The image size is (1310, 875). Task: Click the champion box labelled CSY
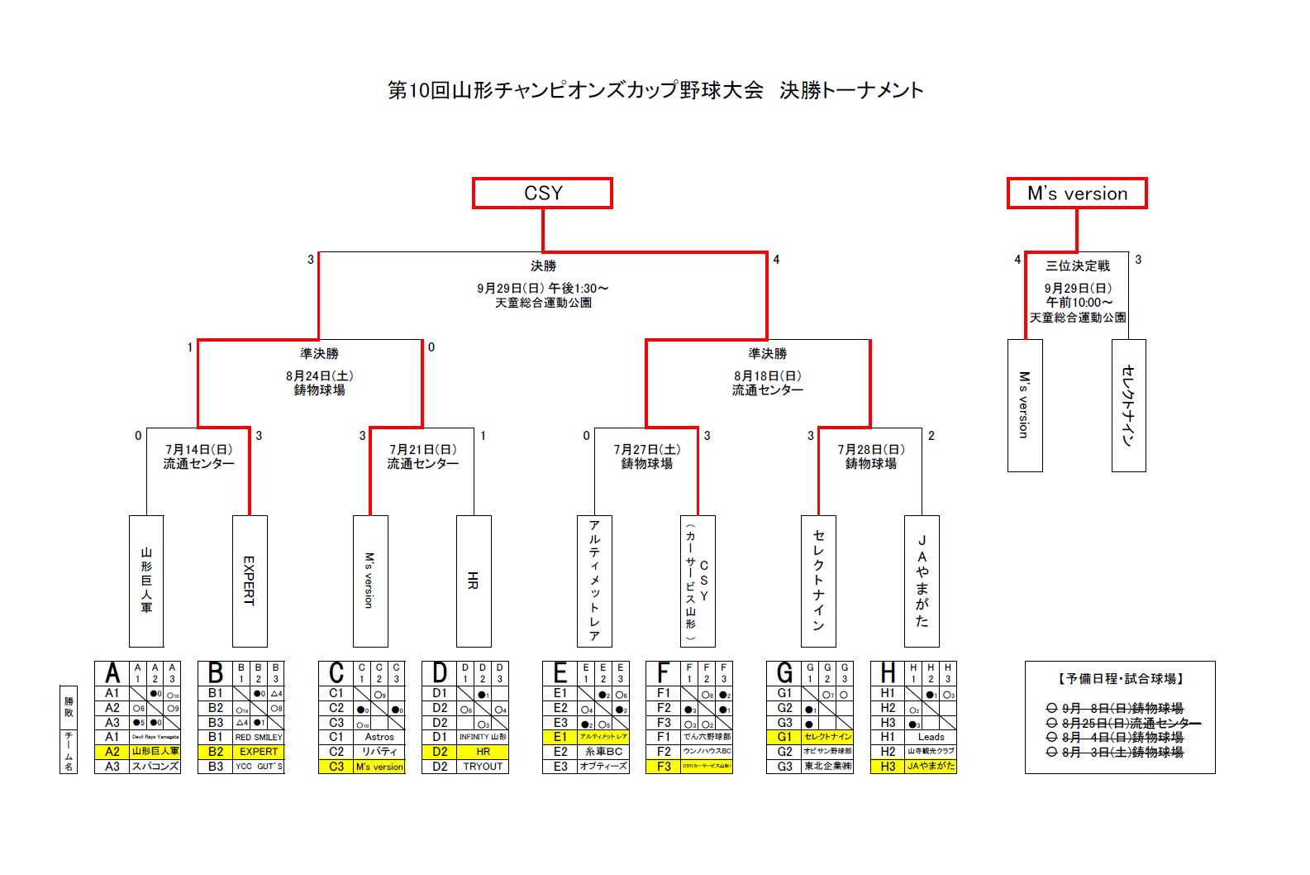coord(542,193)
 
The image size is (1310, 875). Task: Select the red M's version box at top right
coord(1077,193)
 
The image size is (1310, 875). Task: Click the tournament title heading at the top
coord(655,90)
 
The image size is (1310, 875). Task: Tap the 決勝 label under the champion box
coord(543,265)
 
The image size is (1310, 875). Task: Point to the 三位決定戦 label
coord(1078,265)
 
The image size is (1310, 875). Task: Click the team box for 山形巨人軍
coord(146,581)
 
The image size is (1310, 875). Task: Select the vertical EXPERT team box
coord(250,581)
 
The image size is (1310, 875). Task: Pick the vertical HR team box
coord(474,581)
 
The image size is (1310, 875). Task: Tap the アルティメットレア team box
coord(594,581)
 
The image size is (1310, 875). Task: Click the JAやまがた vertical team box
coord(922,581)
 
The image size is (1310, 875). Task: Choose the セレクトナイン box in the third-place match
coord(1128,405)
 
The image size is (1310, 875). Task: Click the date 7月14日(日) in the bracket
coord(198,449)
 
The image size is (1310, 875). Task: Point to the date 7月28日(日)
coord(870,449)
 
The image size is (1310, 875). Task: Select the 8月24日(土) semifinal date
coord(319,375)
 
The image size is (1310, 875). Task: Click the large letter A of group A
coord(112,672)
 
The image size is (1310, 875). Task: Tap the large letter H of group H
coord(888,672)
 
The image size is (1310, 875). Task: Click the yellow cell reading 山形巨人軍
coord(155,752)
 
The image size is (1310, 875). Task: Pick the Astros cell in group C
coord(379,737)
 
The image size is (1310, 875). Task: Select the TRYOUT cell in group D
coord(483,767)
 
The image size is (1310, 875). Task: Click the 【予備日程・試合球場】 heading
coord(1120,678)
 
